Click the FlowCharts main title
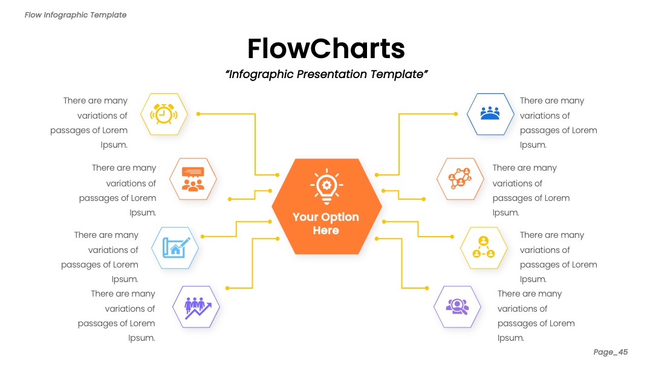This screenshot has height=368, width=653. pyautogui.click(x=326, y=48)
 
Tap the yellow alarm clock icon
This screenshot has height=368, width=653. pyautogui.click(x=164, y=114)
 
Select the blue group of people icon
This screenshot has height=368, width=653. pyautogui.click(x=490, y=113)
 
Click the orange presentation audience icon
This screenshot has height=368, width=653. pyautogui.click(x=193, y=179)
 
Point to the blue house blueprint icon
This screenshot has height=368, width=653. pyautogui.click(x=176, y=248)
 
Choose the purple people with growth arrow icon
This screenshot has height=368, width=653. pyautogui.click(x=197, y=307)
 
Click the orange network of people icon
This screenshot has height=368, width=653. pyautogui.click(x=460, y=179)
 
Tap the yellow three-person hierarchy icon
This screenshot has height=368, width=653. pyautogui.click(x=484, y=247)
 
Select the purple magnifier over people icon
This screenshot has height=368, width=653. pyautogui.click(x=457, y=307)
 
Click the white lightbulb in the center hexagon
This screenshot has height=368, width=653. pyautogui.click(x=326, y=186)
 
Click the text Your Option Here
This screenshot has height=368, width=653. pyautogui.click(x=326, y=223)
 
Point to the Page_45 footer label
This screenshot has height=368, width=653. pyautogui.click(x=611, y=352)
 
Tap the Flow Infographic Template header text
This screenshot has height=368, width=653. pyautogui.click(x=76, y=15)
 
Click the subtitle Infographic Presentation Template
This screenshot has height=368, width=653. pyautogui.click(x=326, y=74)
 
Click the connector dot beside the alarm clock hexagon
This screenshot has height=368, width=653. pyautogui.click(x=198, y=114)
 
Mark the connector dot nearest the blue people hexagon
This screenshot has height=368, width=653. pyautogui.click(x=456, y=114)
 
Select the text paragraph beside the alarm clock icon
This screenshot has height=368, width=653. pyautogui.click(x=89, y=122)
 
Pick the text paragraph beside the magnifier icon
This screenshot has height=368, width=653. pyautogui.click(x=536, y=315)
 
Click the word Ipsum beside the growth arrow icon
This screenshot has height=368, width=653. pyautogui.click(x=141, y=338)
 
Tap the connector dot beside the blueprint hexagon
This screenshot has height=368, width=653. pyautogui.click(x=203, y=236)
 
